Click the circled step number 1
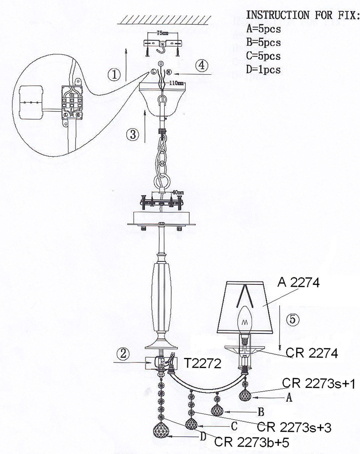(114, 75)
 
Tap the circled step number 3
(133, 134)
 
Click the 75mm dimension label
(163, 33)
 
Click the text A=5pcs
(263, 28)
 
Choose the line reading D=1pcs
(263, 69)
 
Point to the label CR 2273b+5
(251, 442)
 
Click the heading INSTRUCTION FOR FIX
(303, 15)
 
